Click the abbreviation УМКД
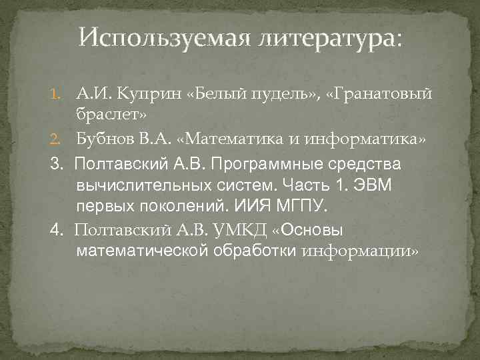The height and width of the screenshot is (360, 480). point(241,230)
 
